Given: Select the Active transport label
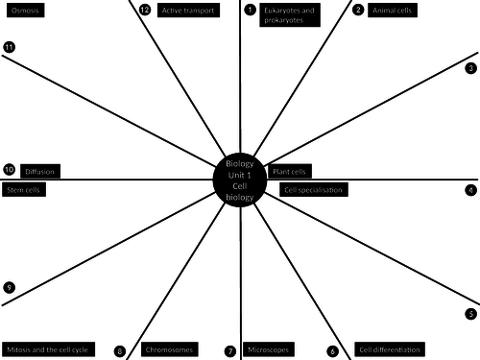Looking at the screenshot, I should pos(186,11).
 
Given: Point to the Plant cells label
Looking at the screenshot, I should pos(290,172).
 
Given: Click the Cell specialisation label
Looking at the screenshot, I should pos(313,190).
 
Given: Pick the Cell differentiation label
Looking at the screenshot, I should pos(389,350).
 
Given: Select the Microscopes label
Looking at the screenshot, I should pos(268,350).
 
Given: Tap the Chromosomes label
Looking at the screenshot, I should pos(171,350).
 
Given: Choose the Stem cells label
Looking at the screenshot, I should pos(24,190).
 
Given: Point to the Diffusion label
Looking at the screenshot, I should pos(39,171).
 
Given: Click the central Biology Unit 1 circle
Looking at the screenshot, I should pos(239,180).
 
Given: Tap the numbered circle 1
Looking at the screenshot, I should pos(251,11).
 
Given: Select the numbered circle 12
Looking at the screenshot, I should pos(144,11).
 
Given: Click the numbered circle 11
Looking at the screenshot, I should pos(9,47).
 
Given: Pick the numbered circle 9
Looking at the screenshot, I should pos(9,287).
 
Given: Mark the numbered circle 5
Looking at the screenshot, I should pos(470,314).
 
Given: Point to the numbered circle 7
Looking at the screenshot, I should pos(230,351).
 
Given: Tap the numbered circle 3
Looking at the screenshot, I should pos(470,68).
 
